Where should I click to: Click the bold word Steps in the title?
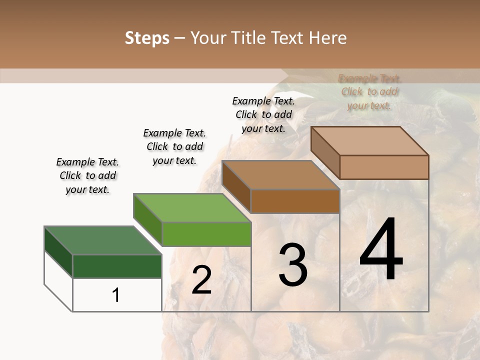(147, 38)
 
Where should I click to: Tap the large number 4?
(381, 250)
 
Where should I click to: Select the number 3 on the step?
(293, 265)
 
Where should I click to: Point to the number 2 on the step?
(201, 280)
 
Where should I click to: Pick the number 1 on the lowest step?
(116, 295)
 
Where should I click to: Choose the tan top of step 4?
(370, 141)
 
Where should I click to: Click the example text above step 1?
(87, 175)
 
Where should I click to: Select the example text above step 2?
(174, 146)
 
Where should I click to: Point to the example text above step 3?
(263, 114)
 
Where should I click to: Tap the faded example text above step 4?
(369, 92)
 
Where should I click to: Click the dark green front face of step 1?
(117, 266)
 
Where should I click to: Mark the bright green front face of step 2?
(206, 234)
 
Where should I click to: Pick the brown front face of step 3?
(295, 201)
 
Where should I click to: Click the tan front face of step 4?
(384, 167)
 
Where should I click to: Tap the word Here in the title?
(330, 38)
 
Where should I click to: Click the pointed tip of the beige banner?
(288, 75)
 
